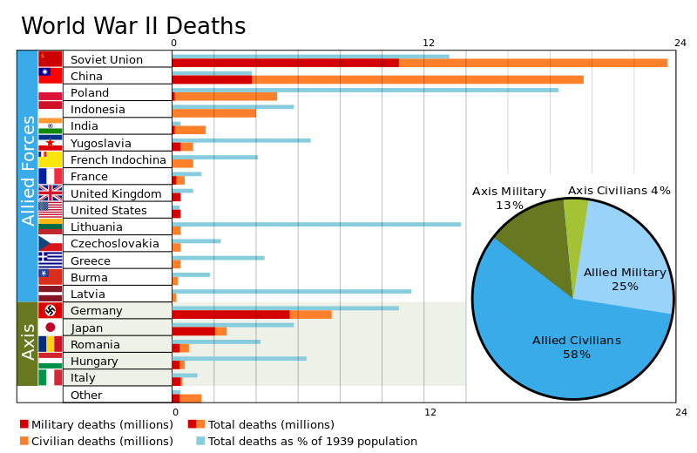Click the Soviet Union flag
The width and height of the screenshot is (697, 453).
pos(51,58)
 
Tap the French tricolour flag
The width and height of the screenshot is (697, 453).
pos(51,176)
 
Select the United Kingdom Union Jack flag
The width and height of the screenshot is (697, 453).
pos(51,193)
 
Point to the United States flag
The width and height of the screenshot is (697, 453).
pos(51,209)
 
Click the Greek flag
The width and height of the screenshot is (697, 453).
pos(51,260)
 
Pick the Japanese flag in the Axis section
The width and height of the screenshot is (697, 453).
pos(51,328)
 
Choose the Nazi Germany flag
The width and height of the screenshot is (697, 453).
pos(51,311)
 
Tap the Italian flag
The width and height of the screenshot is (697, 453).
pos(51,378)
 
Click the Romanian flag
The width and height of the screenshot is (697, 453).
pos(51,344)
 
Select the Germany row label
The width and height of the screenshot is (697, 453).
pos(97,311)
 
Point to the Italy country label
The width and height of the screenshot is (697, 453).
pos(84,378)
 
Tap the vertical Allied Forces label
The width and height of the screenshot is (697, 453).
pos(28,171)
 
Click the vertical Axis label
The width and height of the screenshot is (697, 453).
pos(28,341)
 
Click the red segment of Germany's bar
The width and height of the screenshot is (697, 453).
pos(231,314)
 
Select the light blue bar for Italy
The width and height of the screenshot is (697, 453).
pos(185,375)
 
